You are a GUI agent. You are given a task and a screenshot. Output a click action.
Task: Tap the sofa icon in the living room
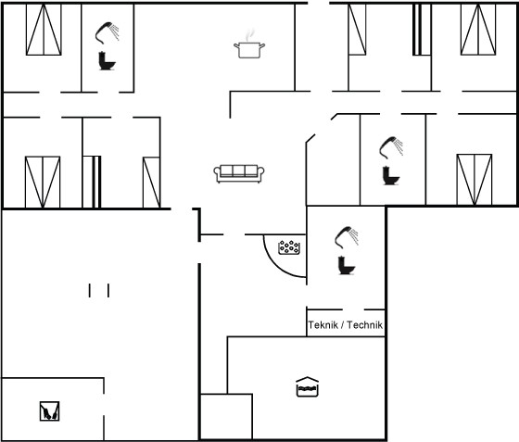click(239, 173)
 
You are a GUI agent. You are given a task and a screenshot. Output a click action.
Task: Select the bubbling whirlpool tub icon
click(289, 247)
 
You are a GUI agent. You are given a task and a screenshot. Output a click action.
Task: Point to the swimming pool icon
click(307, 386)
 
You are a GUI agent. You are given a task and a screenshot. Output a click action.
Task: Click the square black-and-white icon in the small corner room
click(50, 411)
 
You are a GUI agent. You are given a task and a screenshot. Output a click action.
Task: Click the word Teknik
click(323, 325)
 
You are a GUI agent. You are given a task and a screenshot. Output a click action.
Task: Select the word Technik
click(365, 325)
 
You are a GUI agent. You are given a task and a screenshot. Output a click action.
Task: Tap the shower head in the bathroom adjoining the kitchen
click(107, 32)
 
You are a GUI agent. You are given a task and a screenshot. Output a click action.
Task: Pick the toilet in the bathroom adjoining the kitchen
click(107, 61)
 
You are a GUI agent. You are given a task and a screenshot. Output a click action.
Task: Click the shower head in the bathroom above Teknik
click(347, 237)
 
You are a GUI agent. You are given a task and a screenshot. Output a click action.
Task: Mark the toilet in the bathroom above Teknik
click(347, 265)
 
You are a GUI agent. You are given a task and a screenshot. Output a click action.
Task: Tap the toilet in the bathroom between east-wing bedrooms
click(391, 175)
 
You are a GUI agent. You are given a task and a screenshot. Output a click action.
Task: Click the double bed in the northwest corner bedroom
click(44, 30)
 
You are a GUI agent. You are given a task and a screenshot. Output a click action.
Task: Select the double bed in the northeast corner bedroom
click(478, 30)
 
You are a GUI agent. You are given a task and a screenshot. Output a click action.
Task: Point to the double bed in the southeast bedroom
click(475, 180)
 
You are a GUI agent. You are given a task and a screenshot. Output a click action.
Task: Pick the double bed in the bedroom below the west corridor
click(43, 183)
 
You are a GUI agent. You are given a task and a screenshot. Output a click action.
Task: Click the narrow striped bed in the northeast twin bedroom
click(422, 30)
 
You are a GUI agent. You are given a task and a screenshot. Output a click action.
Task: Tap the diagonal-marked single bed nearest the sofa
click(152, 183)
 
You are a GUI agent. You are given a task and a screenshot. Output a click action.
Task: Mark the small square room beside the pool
click(227, 417)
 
